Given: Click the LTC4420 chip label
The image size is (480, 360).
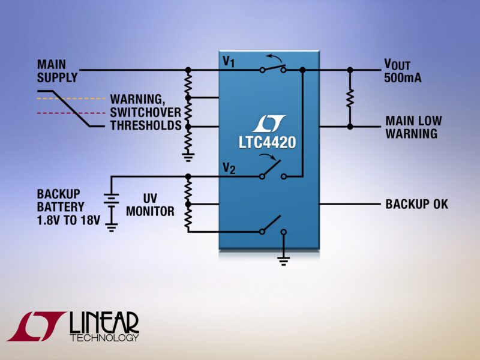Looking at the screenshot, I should pos(269,142).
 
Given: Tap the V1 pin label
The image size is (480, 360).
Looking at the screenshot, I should pos(228,61).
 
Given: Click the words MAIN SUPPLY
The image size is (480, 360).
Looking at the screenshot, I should pos(57,70).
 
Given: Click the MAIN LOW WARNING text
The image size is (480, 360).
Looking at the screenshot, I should pos(413,127).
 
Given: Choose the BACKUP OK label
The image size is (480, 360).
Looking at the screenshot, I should pos(416,205).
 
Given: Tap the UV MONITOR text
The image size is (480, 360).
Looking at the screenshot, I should pos(150,205).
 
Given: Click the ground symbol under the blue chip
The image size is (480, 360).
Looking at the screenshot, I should pos(284,260).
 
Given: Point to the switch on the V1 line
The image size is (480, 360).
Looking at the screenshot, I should pos(273,68).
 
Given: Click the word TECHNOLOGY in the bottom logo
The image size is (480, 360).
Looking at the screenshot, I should pos(104,337).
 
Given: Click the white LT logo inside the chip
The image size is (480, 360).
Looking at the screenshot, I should pos(269,124).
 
